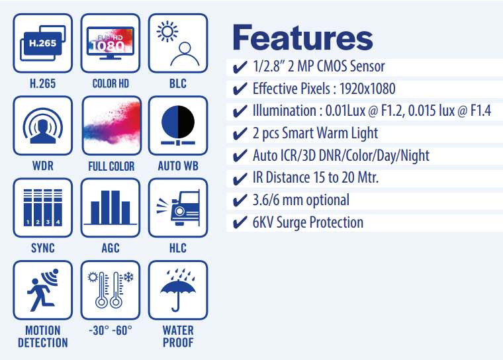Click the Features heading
pos(302,38)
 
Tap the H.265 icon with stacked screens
pos(42,43)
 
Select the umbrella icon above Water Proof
pos(178,291)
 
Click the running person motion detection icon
pos(42,290)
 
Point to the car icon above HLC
pos(178,208)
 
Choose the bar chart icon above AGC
pos(111,208)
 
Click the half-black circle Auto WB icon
pos(178,126)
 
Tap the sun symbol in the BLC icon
pos(167,32)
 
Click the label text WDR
pos(42,166)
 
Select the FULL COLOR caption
pos(111,166)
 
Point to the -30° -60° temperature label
pos(111,330)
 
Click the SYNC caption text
pos(42,248)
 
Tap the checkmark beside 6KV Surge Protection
pos(240,222)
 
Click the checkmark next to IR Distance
pos(240,178)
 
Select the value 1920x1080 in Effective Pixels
pos(367,89)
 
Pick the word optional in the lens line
pos(327,201)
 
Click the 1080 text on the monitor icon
pos(107,46)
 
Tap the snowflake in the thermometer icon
pos(128,277)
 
